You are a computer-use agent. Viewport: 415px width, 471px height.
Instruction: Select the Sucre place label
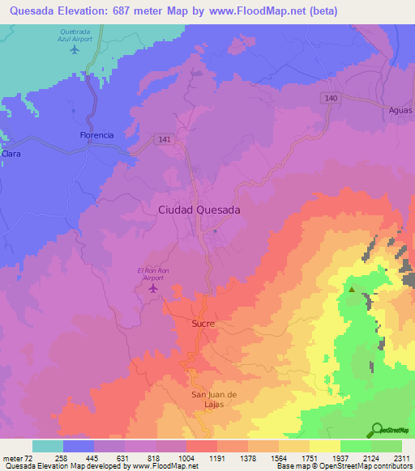[203, 324]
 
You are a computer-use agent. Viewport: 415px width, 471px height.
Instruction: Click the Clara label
[11, 153]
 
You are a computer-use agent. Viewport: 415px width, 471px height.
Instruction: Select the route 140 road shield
[329, 97]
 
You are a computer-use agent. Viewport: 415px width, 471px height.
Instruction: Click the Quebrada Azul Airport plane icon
[75, 50]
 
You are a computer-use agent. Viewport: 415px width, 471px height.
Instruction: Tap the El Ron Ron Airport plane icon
[154, 289]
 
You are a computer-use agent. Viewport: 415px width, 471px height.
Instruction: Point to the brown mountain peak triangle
[352, 288]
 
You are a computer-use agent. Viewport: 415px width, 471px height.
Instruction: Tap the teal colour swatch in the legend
[48, 446]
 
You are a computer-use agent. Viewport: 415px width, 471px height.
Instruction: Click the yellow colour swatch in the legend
[325, 446]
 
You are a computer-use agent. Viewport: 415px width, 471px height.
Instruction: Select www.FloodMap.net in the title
[253, 10]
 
